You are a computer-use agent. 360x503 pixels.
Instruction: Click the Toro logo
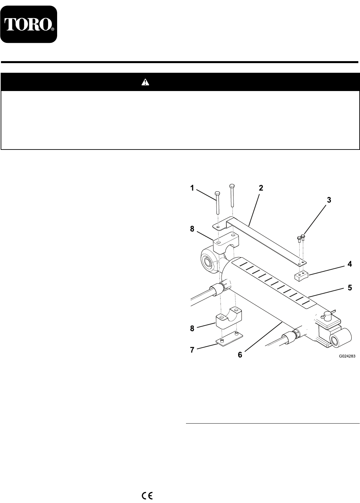[x=29, y=24]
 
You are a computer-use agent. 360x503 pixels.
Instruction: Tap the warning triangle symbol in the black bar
[x=145, y=82]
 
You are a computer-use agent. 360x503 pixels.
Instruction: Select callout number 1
[x=192, y=188]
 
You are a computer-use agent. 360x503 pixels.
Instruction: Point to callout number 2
[x=261, y=188]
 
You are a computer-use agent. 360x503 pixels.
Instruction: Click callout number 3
[x=329, y=200]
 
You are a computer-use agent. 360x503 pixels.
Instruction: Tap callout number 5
[x=349, y=287]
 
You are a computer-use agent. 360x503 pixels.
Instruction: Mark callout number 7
[x=192, y=350]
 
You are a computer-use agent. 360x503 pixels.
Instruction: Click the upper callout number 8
[x=192, y=229]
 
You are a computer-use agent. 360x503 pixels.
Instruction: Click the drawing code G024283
[x=347, y=356]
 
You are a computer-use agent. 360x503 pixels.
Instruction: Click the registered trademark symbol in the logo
[x=53, y=29]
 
